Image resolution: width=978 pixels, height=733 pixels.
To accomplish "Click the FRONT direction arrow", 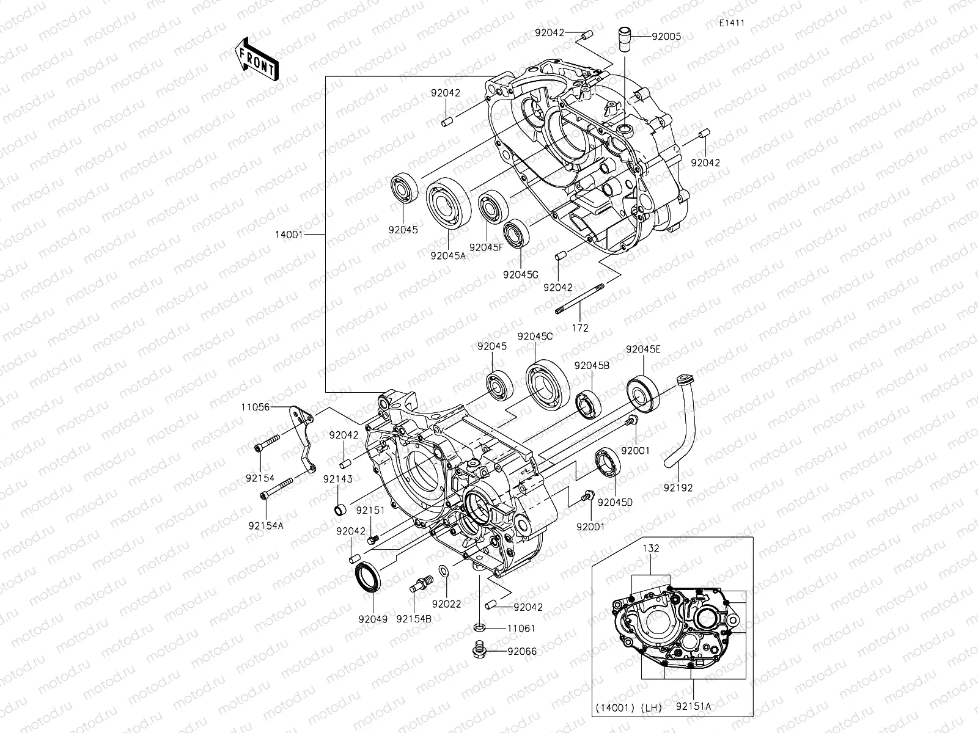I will click(256, 59).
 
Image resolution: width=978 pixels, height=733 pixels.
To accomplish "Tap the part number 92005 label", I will click(666, 37).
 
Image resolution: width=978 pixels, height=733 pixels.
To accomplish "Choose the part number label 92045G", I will click(520, 275).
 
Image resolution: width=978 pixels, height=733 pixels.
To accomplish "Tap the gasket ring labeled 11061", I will click(480, 627).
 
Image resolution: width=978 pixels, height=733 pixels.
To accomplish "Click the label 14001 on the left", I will click(289, 234).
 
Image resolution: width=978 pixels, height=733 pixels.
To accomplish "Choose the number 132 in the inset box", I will click(651, 549).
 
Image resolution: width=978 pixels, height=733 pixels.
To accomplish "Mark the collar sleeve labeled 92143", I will click(339, 510).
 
